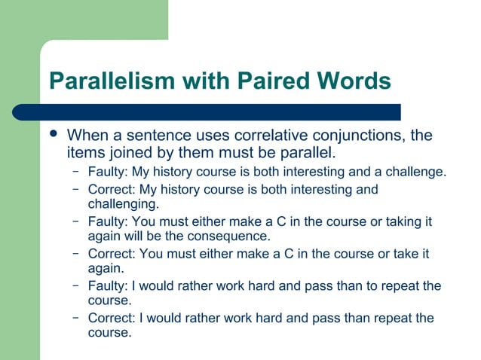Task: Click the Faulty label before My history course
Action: tap(108, 172)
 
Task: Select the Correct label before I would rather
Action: tap(110, 318)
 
